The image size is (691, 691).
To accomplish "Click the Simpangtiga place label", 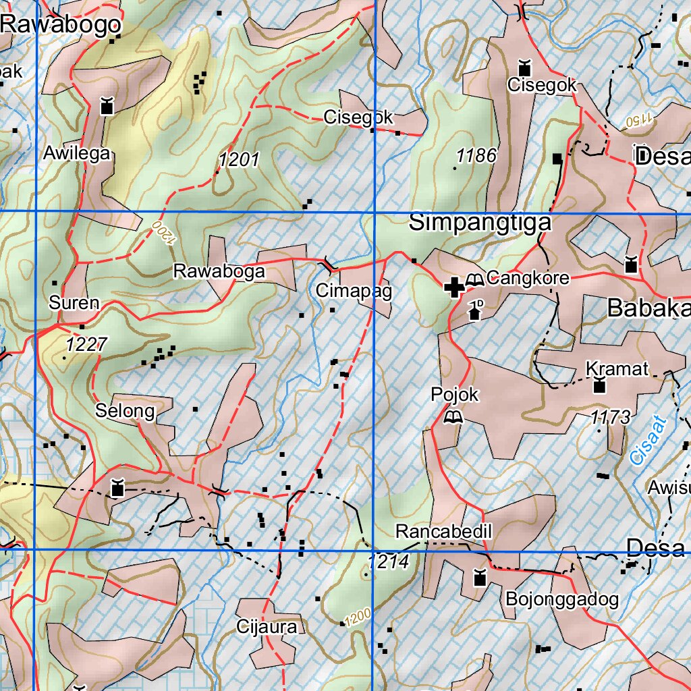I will pos(480,223).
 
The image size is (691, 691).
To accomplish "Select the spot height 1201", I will pos(239,160).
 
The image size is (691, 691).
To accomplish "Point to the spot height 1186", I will pos(476,156).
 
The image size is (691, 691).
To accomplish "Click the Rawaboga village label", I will pos(219,271).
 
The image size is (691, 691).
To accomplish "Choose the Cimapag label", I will pos(344,291).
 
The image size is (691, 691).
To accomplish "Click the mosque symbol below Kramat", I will pos(599,387).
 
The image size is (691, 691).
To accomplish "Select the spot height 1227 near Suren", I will pos(86,345).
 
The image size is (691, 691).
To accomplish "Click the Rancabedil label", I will pos(444,532).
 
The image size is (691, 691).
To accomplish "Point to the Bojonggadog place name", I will pos(561,599).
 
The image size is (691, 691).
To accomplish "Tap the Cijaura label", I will pos(267,627).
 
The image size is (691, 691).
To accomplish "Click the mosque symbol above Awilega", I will pos(106,106).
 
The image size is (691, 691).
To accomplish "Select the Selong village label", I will pos(125,410).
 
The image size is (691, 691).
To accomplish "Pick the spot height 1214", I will pos(389,561).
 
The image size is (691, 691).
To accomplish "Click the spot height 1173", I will pos(610,418).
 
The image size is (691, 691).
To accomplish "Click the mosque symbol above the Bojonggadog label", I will pos(480,578).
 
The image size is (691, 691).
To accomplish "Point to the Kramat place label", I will pos(617,368).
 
